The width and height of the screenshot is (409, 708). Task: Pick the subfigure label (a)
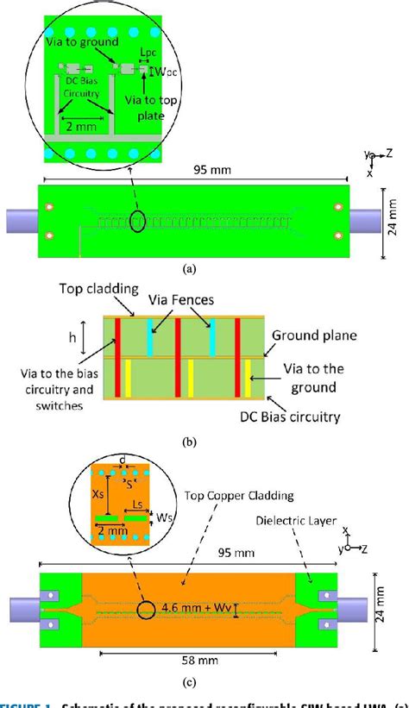pos(190,268)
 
